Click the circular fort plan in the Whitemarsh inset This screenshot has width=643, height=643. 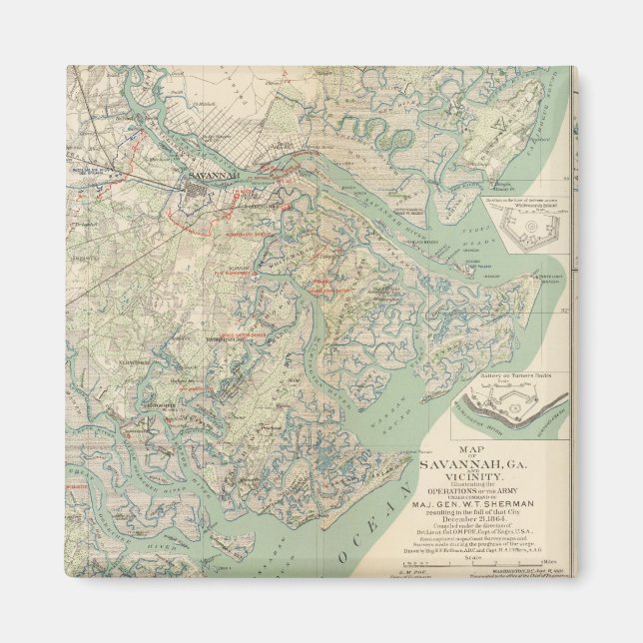tap(520, 231)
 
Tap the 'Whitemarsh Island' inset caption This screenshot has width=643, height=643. tap(519, 204)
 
